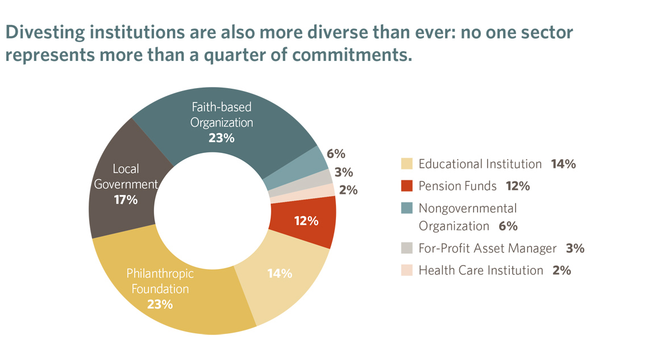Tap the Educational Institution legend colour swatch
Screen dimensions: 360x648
point(406,164)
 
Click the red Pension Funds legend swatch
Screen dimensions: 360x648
point(406,186)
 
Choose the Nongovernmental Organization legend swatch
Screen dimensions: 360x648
point(406,208)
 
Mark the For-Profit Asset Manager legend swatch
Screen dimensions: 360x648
point(406,249)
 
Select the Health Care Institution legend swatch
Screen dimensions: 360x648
point(406,270)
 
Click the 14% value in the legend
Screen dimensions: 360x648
point(563,164)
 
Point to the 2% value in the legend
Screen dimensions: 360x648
point(561,271)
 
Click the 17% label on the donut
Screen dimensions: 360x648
point(125,200)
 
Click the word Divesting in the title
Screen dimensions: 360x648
point(43,34)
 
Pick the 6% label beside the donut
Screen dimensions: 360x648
point(336,154)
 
